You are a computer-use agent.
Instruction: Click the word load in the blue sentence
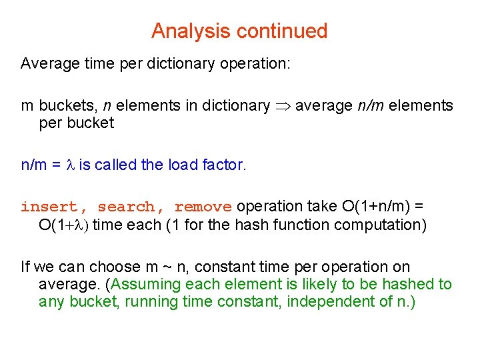click(179, 165)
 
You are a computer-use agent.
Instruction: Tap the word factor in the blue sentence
click(223, 165)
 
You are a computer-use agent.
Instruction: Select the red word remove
click(203, 207)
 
